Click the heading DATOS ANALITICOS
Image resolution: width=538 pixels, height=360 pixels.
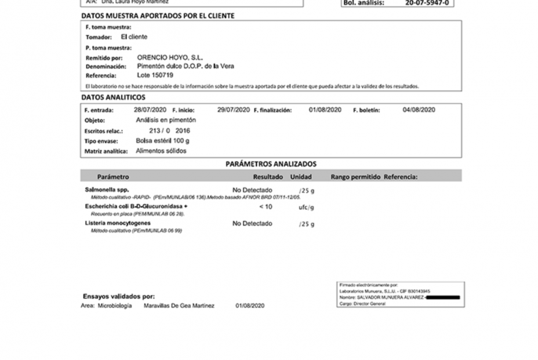pos(113,97)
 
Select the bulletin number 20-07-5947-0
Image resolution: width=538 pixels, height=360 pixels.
pos(427,3)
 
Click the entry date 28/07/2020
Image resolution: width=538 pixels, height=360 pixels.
pos(150,110)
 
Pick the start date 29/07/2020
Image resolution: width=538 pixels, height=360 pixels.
pos(233,110)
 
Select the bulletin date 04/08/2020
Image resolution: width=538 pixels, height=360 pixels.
pos(419,110)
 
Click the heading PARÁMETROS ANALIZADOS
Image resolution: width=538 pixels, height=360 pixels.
pos(271,164)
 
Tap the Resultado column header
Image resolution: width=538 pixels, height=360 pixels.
pos(268,176)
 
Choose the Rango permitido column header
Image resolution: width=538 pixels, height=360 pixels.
pos(355,176)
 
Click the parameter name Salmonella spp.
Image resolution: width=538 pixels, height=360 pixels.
pos(107,190)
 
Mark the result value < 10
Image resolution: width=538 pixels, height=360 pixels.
pos(266,207)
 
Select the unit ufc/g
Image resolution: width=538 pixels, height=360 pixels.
pos(307,207)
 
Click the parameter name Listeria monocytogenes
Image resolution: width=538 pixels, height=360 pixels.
pos(118,223)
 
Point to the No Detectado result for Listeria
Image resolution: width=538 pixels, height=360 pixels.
pos(252,224)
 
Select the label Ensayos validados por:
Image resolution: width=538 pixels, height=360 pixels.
pos(119,296)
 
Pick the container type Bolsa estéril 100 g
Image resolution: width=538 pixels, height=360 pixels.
pos(162,141)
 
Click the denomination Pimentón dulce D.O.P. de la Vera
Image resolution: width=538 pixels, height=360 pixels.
pos(185,67)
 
